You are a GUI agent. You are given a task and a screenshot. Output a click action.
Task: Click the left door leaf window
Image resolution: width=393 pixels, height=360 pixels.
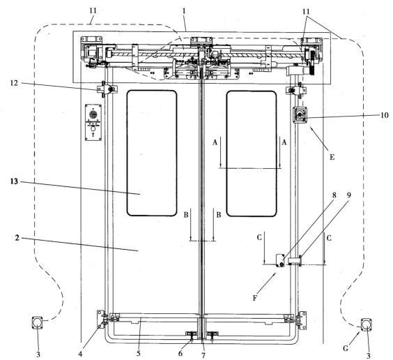click(x=152, y=153)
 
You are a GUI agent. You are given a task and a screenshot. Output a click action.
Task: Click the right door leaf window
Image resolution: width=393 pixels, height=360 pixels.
click(x=252, y=153)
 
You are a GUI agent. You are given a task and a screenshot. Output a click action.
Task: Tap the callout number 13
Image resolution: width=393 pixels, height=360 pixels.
click(x=14, y=181)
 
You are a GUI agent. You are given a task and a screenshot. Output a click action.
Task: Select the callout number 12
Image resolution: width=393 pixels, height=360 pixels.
click(x=14, y=83)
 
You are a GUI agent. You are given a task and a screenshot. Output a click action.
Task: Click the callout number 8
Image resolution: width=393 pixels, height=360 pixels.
click(x=334, y=195)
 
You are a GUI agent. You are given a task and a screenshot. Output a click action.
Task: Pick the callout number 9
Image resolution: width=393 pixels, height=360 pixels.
click(x=349, y=195)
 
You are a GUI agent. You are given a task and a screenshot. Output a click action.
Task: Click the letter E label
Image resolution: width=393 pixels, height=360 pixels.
click(x=332, y=157)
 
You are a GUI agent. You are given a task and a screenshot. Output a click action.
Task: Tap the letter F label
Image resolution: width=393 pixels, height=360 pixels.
click(x=255, y=298)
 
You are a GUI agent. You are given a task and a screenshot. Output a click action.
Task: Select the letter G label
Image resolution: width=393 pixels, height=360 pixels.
click(x=346, y=348)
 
